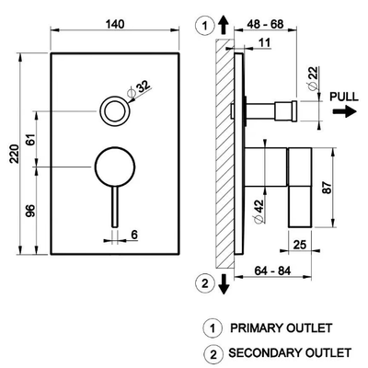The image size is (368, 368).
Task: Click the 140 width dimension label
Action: point(115,24)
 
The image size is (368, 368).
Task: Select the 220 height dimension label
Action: point(15,154)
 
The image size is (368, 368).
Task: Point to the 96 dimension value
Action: point(31,211)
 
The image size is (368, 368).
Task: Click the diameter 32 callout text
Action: point(140,89)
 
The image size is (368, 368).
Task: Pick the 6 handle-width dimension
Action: point(134,235)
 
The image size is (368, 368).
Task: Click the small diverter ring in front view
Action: point(114,110)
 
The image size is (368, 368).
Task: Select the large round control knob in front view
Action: point(115,167)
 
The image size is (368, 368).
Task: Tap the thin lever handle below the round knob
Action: point(115,207)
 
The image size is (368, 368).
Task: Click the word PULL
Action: point(343,97)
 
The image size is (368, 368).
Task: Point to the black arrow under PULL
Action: point(345,111)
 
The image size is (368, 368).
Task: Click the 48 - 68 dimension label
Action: point(264,24)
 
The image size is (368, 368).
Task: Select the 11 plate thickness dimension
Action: point(264,42)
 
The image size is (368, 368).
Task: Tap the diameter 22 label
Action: point(313,78)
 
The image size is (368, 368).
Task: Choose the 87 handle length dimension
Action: point(328,188)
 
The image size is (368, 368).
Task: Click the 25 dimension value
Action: point(300,245)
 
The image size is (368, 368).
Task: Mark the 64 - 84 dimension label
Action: point(272,270)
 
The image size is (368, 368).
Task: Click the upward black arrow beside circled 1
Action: point(224,25)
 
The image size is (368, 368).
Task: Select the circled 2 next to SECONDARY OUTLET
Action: point(213,355)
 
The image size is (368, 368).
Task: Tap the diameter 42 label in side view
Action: point(258,211)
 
